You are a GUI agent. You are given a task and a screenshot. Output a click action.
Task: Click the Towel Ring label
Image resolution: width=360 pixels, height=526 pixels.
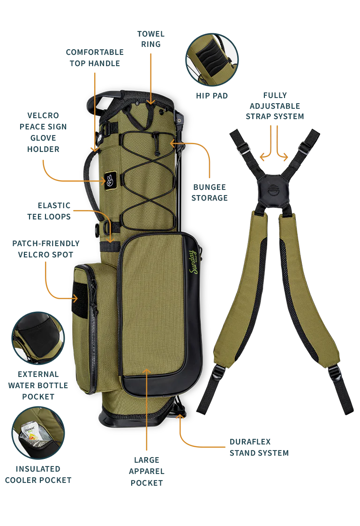pyautogui.click(x=150, y=39)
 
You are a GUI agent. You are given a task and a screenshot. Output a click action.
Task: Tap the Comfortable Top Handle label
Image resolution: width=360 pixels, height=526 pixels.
pyautogui.click(x=95, y=58)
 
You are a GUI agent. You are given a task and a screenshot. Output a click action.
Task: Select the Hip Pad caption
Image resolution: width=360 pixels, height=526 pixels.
pyautogui.click(x=212, y=96)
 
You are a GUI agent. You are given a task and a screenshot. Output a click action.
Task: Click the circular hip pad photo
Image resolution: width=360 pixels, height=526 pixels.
pyautogui.click(x=212, y=60)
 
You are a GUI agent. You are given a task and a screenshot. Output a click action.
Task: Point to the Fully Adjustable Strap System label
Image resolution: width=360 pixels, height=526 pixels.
pyautogui.click(x=275, y=106)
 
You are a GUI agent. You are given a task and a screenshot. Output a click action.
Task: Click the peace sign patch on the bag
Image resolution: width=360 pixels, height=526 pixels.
pyautogui.click(x=109, y=181)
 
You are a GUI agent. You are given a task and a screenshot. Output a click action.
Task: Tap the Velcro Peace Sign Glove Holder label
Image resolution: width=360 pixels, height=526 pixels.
pyautogui.click(x=43, y=132)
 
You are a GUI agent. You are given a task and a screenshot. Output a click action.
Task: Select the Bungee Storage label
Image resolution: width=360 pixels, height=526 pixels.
pyautogui.click(x=210, y=193)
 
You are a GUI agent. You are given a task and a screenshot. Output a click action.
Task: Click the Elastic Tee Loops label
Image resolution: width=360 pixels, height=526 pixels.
pyautogui.click(x=49, y=211)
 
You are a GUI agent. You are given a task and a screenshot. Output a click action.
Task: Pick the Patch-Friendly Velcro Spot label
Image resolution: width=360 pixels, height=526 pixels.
pyautogui.click(x=45, y=249)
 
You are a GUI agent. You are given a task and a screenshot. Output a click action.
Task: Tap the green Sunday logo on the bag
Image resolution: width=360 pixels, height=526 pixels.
pyautogui.click(x=194, y=262)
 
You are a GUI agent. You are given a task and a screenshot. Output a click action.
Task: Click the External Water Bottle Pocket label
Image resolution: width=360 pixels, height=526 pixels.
pyautogui.click(x=38, y=385)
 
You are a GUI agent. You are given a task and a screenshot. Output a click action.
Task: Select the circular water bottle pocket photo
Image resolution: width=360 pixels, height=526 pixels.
pyautogui.click(x=38, y=338)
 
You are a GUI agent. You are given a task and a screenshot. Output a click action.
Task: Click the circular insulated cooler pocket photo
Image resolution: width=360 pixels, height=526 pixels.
pyautogui.click(x=38, y=433)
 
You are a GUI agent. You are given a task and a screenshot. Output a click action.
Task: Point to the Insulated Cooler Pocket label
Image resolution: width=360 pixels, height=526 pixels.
pyautogui.click(x=38, y=474)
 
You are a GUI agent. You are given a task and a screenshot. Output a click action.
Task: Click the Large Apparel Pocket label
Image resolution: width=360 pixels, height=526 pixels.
pyautogui.click(x=147, y=471)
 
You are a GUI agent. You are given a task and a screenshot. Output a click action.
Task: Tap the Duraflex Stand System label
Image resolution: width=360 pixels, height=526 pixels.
pyautogui.click(x=259, y=447)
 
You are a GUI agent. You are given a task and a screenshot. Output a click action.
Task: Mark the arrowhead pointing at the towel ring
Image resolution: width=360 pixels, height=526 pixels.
pyautogui.click(x=151, y=102)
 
